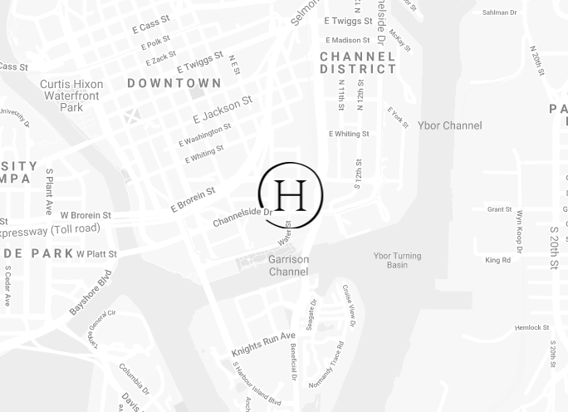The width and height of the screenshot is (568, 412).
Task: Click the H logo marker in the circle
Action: [290, 194]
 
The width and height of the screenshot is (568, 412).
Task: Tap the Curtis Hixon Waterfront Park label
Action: [71, 96]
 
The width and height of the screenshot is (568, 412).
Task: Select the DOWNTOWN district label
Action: [174, 83]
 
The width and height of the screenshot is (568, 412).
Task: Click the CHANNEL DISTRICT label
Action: [358, 63]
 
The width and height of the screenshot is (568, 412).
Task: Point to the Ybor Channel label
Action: [449, 125]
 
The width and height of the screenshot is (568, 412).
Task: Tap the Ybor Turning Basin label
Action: [397, 260]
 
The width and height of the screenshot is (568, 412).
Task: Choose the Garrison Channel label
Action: [288, 266]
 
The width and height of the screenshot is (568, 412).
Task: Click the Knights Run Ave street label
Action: [263, 344]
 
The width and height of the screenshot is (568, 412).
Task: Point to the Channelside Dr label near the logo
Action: [242, 217]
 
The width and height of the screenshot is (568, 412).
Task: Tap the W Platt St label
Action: [96, 253]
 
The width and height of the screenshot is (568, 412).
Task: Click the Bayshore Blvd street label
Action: [91, 292]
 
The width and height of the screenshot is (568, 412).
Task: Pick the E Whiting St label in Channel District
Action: [349, 134]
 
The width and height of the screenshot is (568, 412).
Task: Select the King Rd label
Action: [497, 260]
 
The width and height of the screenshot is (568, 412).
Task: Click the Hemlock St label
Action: [531, 328]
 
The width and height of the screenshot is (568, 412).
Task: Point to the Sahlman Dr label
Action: [499, 12]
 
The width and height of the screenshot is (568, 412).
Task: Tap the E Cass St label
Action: [150, 25]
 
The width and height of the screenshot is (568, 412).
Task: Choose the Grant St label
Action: [499, 209]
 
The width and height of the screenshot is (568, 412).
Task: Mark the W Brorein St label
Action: [86, 215]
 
